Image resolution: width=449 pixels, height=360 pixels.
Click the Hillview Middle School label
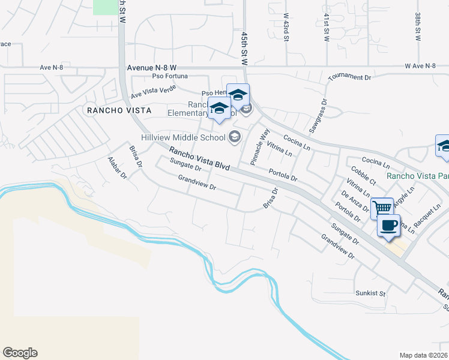[182, 137]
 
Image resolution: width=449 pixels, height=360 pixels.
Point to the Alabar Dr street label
[117, 167]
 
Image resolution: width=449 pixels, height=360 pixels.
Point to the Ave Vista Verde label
[153, 91]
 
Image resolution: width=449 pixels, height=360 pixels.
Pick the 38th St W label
[417, 26]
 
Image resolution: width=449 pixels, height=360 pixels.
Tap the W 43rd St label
[286, 28]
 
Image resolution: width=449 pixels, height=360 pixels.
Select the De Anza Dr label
[354, 202]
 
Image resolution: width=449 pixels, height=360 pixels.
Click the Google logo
[20, 353]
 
